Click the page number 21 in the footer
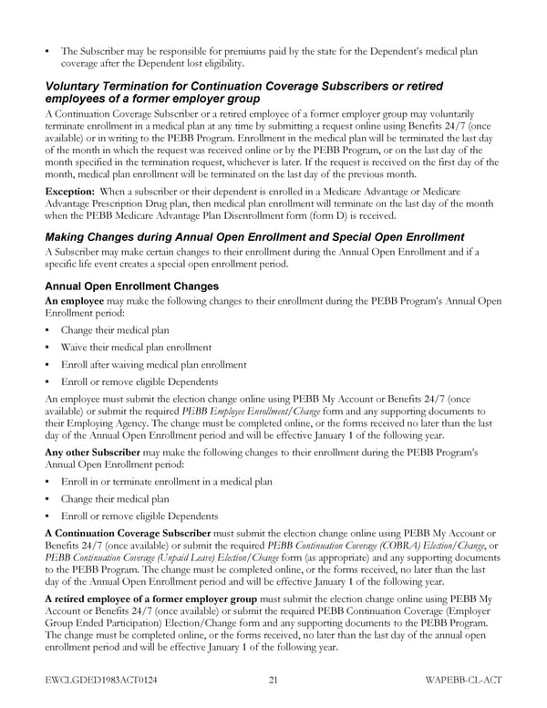(x=273, y=680)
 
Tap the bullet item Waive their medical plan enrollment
(x=136, y=348)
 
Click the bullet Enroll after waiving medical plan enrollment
(x=154, y=365)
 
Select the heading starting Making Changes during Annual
(x=254, y=237)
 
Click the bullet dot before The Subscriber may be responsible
(x=47, y=50)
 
